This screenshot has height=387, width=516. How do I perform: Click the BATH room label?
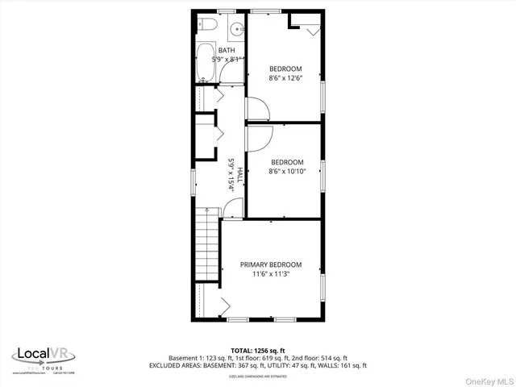point(227,51)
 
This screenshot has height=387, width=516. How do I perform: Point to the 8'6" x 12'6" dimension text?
point(285,78)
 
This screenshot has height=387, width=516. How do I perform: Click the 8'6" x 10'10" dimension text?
point(287,171)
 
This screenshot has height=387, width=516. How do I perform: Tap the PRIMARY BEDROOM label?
point(271,264)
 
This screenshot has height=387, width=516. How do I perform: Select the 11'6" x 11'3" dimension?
point(271,274)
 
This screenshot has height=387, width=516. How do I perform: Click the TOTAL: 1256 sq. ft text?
point(258,350)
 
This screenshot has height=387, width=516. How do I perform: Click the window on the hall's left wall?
point(193,181)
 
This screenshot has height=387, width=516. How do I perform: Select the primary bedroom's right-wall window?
point(323,286)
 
